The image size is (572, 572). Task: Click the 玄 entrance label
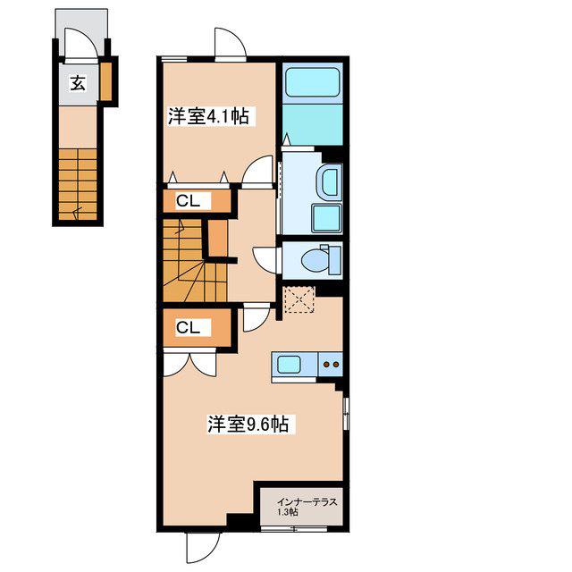78,83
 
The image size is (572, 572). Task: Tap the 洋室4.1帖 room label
208,116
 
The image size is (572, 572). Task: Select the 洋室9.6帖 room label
248,425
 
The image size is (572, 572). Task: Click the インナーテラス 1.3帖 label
307,507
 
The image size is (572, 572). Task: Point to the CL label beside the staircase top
188,200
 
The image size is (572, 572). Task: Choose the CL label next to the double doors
188,327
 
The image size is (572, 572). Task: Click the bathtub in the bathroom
312,82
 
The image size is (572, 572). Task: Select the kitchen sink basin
289,365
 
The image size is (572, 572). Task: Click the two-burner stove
331,364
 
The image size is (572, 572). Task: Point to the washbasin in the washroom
331,181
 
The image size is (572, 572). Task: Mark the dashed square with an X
299,299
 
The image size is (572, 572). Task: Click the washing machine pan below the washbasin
327,218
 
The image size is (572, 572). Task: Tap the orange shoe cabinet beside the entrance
105,81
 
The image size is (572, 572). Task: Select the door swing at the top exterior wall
231,43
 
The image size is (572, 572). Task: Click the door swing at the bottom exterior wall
203,548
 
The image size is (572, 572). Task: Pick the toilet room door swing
266,260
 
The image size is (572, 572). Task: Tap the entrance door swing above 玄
81,43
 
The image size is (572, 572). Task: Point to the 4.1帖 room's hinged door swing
258,171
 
